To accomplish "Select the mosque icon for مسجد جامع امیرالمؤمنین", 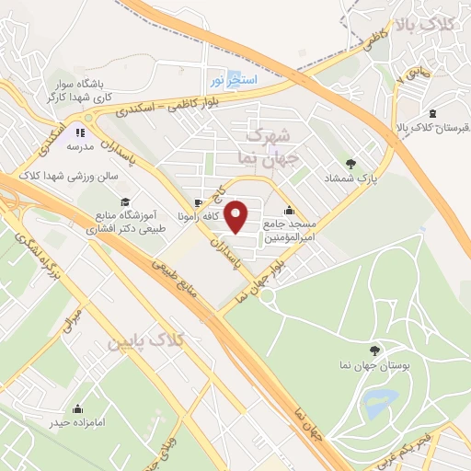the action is (290, 209).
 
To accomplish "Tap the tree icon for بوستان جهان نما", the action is (373, 350).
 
